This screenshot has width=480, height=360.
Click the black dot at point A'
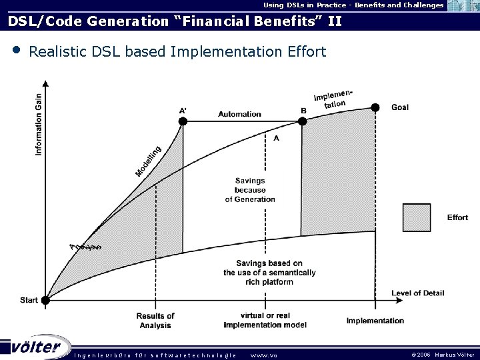point(183,121)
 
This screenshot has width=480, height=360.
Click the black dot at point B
point(302,121)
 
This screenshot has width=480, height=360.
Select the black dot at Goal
point(375,107)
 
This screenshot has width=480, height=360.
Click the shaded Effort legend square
point(416,217)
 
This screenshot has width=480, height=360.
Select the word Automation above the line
point(239,114)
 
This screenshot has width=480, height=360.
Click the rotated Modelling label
point(148,161)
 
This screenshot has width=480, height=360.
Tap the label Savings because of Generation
point(250,190)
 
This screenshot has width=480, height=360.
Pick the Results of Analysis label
point(155,320)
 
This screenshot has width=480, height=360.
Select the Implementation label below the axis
point(375,321)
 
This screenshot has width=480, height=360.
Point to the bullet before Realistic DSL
point(15,51)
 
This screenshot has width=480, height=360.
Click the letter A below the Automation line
point(276,138)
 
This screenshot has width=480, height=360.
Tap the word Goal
point(400,107)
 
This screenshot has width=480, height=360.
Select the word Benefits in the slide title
point(284,21)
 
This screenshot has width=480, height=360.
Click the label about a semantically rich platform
point(269,272)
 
